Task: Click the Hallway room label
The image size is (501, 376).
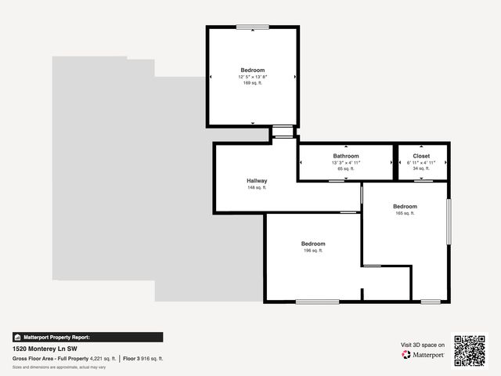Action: pos(257,181)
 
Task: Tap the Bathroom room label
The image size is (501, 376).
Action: pos(345,156)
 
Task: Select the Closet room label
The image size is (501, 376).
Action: pos(421,156)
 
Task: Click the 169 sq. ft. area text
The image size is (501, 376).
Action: pos(252,83)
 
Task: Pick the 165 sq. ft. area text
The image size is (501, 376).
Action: pos(405,213)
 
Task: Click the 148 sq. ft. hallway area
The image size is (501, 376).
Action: pos(257,188)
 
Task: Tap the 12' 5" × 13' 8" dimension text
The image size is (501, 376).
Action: pos(252,77)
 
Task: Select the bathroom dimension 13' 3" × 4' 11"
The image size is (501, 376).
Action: pos(345,162)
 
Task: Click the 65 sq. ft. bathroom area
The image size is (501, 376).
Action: pos(345,168)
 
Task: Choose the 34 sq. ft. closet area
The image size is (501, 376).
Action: pos(421,168)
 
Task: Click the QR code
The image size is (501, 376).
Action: pos(470,350)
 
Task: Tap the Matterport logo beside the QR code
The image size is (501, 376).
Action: pos(424,355)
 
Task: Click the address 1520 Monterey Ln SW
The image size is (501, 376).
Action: pos(45,349)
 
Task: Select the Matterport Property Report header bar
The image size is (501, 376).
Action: pos(88,337)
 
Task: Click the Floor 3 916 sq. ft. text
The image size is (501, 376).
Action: pos(142,358)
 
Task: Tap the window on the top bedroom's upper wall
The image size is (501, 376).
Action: pos(252,28)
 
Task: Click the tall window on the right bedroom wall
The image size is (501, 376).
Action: pos(449,221)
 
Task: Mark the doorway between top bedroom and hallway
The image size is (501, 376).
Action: pos(283,132)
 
